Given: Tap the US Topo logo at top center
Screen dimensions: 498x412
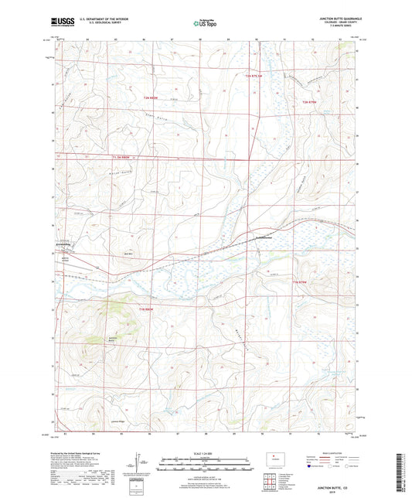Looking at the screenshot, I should pyautogui.click(x=205, y=24).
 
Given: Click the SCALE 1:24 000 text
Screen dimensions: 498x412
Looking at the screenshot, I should pyautogui.click(x=205, y=452).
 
